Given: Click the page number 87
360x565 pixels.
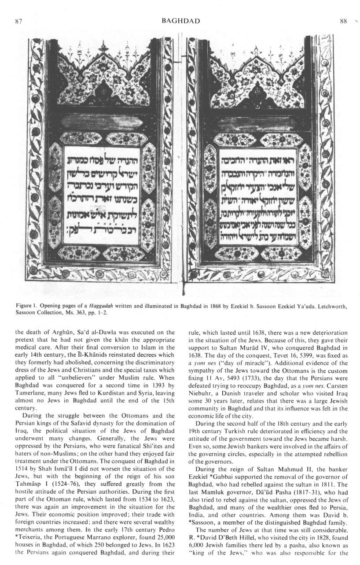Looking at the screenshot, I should coord(18,21).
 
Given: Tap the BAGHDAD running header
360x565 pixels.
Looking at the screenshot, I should coord(181,21).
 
